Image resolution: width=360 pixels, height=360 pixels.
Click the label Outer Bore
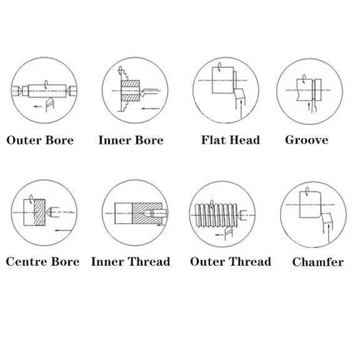coord(40,140)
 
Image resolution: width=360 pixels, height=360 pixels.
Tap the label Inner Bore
coord(131,140)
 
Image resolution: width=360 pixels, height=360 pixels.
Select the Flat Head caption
coord(231,140)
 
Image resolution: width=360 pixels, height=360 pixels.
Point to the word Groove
coord(307,140)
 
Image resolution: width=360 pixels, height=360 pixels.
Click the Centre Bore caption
coord(42,261)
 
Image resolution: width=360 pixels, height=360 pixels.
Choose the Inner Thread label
coord(131,261)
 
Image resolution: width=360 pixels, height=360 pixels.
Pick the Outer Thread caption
coord(231,261)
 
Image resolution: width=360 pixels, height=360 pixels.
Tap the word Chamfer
coord(318,262)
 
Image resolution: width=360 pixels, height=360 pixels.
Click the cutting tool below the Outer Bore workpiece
coord(50,104)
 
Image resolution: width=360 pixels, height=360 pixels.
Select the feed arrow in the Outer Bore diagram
coord(37,106)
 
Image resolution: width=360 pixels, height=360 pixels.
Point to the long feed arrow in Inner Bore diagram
coord(151,108)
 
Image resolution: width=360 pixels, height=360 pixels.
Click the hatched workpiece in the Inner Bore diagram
coord(130,91)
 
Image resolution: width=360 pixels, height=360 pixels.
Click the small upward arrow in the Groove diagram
coord(309,106)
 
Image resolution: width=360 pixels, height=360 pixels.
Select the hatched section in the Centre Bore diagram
coord(39,212)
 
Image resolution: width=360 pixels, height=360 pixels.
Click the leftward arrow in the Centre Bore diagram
coord(64,230)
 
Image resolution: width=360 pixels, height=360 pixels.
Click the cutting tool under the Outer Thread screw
coord(229,233)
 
